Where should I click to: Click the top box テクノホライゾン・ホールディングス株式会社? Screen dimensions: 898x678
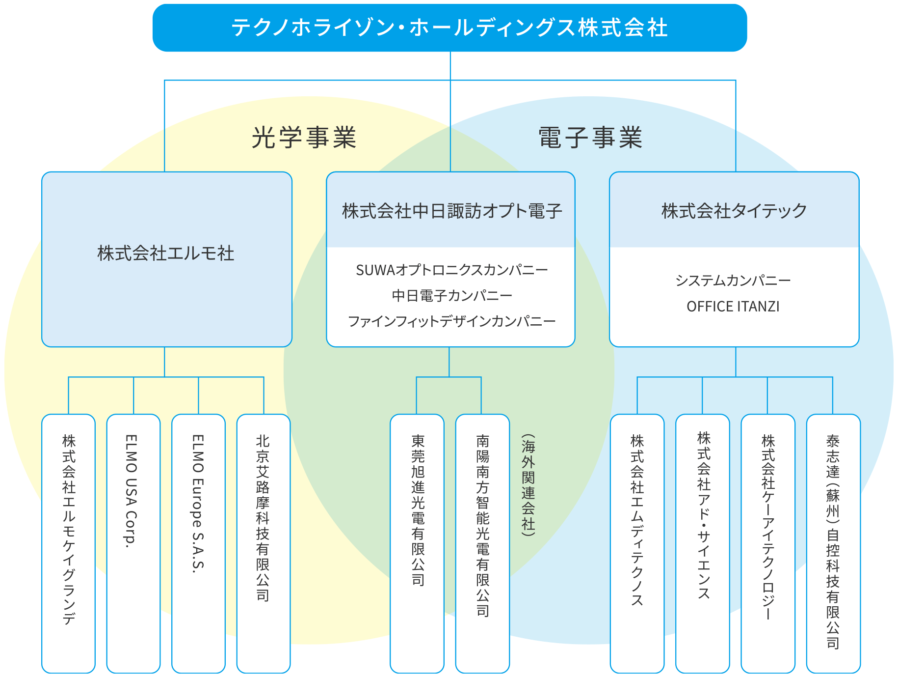[x=449, y=28]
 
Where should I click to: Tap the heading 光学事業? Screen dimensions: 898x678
[x=304, y=137]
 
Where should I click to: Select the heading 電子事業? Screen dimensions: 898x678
[x=590, y=137]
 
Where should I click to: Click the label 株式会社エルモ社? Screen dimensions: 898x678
[x=166, y=254]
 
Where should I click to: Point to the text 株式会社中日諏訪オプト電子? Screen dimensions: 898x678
[x=452, y=211]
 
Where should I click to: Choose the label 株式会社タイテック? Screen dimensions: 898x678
[x=734, y=211]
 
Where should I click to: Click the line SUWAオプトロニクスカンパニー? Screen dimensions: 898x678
[x=452, y=270]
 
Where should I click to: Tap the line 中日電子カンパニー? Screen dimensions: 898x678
[x=452, y=296]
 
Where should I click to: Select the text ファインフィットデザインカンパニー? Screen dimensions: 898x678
[x=452, y=321]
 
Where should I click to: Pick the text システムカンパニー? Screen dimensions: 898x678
[x=733, y=281]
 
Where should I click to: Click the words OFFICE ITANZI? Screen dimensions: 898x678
[x=733, y=307]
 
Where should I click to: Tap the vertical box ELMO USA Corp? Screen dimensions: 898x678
[x=133, y=543]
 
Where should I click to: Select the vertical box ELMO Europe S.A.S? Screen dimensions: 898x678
[x=198, y=543]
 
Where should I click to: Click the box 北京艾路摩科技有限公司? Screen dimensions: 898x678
[x=264, y=543]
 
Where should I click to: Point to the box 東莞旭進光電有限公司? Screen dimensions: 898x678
[x=417, y=543]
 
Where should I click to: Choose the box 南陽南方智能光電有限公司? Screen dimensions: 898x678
[x=482, y=543]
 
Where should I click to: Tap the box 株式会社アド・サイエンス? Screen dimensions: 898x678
[x=702, y=543]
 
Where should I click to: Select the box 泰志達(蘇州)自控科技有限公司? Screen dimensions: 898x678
[x=833, y=543]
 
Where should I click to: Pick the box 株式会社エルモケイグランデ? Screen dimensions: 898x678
[x=68, y=543]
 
